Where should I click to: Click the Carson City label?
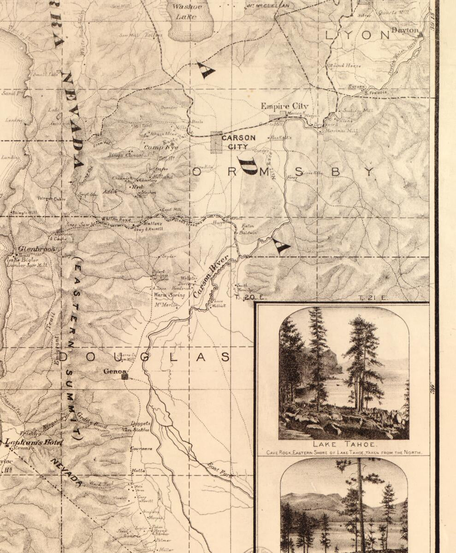coord(238,142)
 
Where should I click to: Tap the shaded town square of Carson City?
coord(216,142)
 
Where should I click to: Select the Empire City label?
coord(284,106)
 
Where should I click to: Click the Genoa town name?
coord(113,371)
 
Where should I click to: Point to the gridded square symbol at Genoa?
coord(124,377)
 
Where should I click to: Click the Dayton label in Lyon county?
coord(405,30)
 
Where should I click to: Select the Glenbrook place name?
coord(36,249)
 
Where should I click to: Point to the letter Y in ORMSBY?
coord(369,172)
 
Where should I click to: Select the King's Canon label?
coord(126,156)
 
